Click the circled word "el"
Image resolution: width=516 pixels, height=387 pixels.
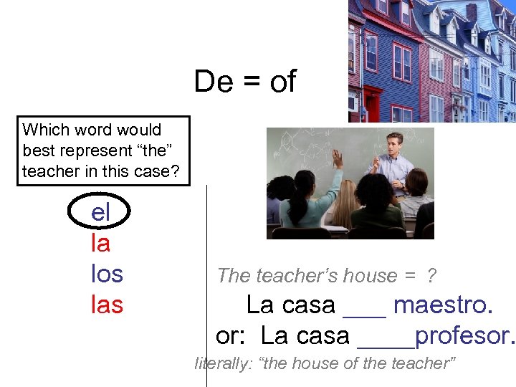tap(100, 213)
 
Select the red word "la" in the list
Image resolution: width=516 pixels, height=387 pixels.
tap(100, 244)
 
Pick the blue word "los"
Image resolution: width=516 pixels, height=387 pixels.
tap(107, 274)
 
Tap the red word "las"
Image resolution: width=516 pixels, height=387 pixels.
tap(107, 305)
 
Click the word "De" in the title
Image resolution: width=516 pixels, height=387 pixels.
tap(214, 82)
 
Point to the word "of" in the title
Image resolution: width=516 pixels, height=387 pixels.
tap(282, 82)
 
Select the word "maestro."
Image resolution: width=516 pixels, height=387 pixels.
tap(443, 305)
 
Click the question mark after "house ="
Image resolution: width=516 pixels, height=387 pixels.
tap(431, 276)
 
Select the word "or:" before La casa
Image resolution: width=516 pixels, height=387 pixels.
tap(232, 335)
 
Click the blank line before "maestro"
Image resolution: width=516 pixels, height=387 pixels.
tap(365, 314)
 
